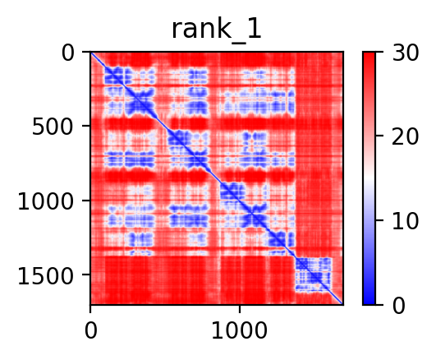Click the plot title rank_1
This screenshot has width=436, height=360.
coord(217,30)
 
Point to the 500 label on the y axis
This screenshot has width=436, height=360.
coord(53,127)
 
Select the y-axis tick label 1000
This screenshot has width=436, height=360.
coord(46,201)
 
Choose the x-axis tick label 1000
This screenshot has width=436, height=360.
coord(240,330)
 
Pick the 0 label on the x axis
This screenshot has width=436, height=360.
coord(91,330)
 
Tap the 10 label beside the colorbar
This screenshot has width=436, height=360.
coord(405,221)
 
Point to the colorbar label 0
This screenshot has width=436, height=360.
coord(399,306)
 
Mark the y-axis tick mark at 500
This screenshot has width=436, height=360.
coord(86,126)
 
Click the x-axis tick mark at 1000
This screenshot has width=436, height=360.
coord(240,309)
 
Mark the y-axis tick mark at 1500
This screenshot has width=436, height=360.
coord(86,275)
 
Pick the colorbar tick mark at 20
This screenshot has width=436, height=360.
coord(379,136)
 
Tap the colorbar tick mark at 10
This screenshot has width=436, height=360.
coord(379,220)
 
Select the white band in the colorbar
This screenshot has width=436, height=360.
coord(369,178)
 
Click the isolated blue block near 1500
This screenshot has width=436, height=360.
coord(314,275)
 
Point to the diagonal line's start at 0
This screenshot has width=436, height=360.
coord(91,53)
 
